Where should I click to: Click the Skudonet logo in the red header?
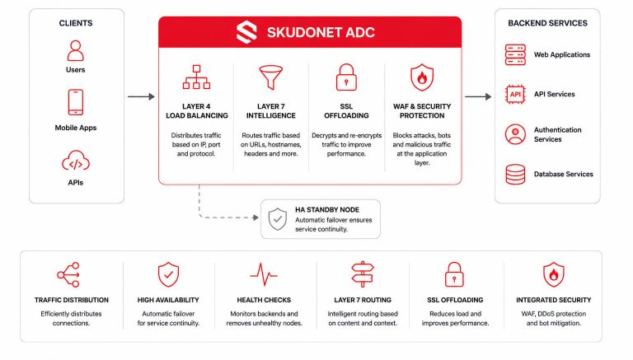coord(246,32)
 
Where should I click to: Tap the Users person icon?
coord(76,50)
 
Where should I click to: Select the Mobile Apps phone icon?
coord(76,102)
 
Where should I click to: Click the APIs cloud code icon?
coord(76,161)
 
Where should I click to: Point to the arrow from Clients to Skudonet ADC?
coord(141,96)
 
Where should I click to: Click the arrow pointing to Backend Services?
coord(478,96)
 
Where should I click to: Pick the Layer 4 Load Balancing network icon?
coord(197,77)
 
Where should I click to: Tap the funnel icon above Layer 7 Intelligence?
coord(271,77)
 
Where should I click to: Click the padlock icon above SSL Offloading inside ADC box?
coord(346,77)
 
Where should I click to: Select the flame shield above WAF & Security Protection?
coord(422,77)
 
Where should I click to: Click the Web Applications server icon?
coord(515,55)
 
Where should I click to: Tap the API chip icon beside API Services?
coord(515,95)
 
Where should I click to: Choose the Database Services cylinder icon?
coord(515,175)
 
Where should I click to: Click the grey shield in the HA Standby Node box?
coord(278,219)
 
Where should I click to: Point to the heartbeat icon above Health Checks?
coord(264,275)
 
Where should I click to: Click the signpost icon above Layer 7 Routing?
coord(363,274)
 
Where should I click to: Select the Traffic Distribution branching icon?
coord(68,274)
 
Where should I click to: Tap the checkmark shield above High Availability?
coord(168,274)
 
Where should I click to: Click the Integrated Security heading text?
coord(554,300)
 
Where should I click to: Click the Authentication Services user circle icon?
coord(515,134)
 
